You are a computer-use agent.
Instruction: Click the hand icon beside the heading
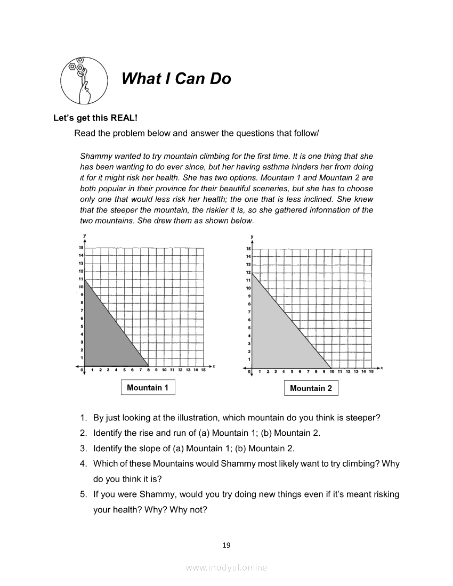(x=82, y=80)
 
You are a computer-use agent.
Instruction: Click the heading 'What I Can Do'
(x=176, y=79)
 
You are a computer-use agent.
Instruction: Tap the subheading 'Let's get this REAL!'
(x=95, y=118)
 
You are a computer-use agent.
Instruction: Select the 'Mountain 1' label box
(x=148, y=387)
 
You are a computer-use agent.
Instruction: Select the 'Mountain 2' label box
(x=311, y=388)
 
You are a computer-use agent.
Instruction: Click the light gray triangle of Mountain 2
(x=277, y=336)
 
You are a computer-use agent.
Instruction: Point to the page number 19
(x=226, y=544)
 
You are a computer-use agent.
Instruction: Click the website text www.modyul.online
(x=226, y=568)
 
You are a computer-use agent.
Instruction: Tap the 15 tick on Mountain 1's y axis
(x=82, y=248)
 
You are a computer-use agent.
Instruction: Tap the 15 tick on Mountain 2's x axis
(x=371, y=371)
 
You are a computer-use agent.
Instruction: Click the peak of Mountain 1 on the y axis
(x=85, y=280)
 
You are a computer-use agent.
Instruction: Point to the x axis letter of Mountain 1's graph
(x=214, y=366)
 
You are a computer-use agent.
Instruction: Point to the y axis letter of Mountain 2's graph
(x=252, y=236)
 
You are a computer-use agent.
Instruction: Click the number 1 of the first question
(x=83, y=418)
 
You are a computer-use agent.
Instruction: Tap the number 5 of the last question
(x=83, y=494)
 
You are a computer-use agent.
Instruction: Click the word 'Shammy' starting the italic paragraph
(x=94, y=157)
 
